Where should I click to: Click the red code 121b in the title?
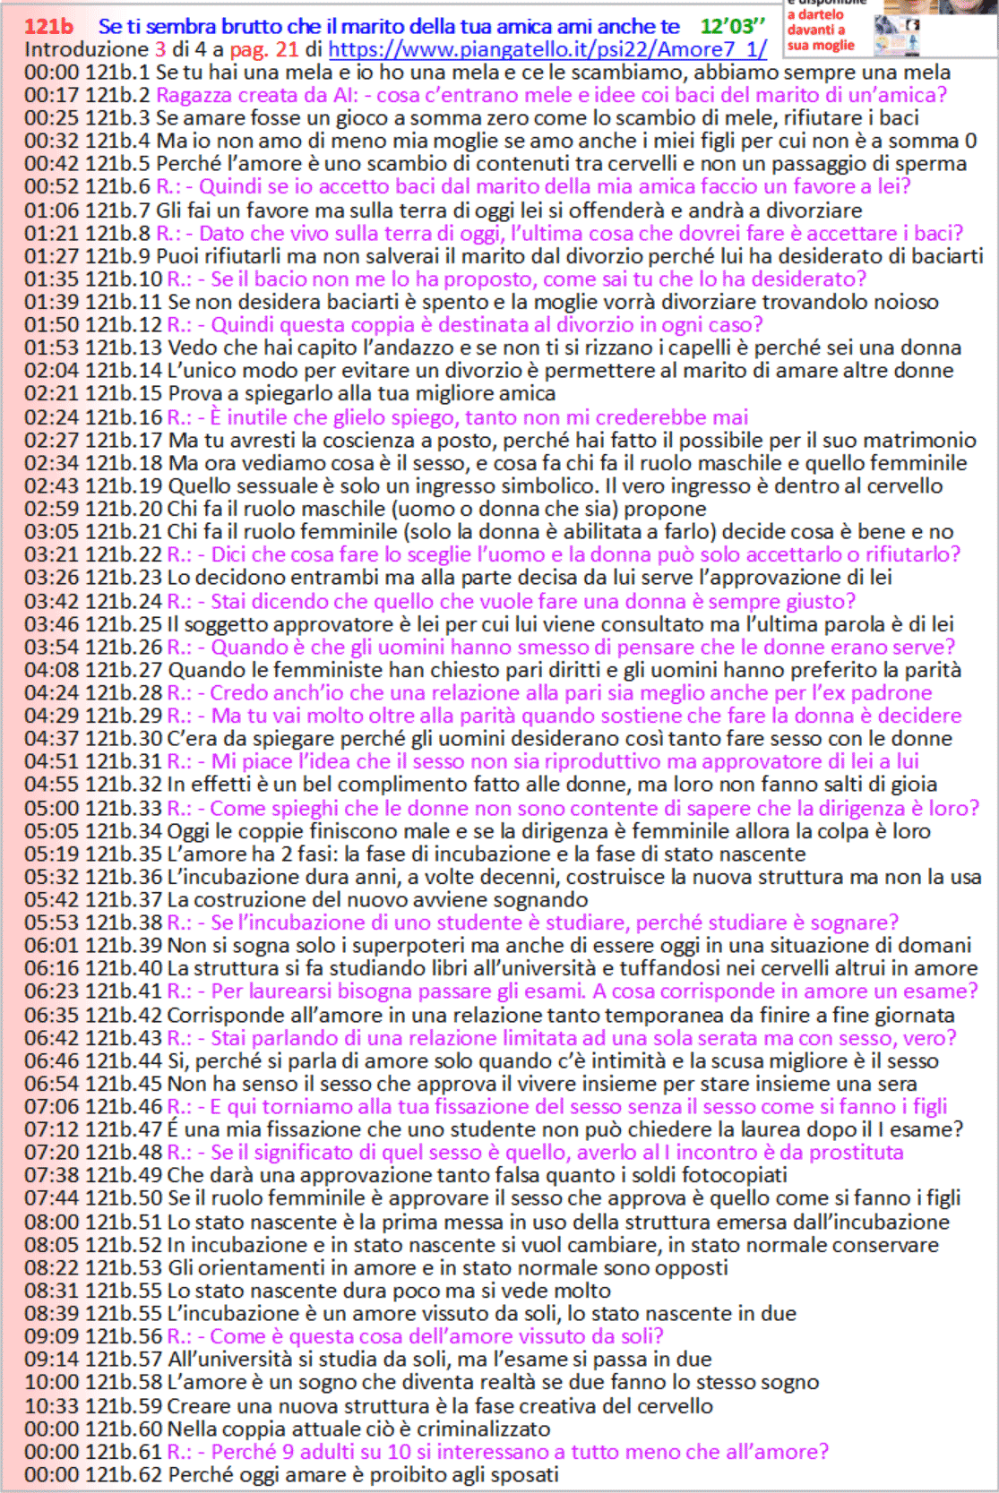point(48,26)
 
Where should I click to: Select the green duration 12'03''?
point(733,26)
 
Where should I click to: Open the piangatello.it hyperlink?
point(547,49)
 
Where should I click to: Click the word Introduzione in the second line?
point(86,49)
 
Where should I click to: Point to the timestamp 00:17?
point(51,95)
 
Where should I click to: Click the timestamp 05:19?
point(51,854)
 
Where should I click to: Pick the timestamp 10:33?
point(51,1405)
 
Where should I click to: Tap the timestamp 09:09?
point(51,1336)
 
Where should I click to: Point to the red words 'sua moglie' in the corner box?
point(821,45)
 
